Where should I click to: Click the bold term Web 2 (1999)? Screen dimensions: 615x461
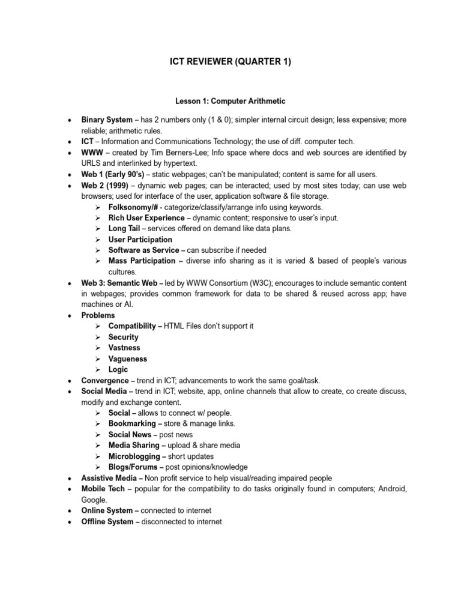(105, 185)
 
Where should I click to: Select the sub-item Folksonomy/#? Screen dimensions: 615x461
(133, 207)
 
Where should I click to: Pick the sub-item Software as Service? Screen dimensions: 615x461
(143, 250)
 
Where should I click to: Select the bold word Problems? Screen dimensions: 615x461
(98, 315)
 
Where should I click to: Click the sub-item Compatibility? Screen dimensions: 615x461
(135, 326)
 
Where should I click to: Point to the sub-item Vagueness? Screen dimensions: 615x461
(128, 359)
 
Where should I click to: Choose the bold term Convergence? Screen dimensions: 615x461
(104, 381)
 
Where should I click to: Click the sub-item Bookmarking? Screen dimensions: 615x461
(133, 424)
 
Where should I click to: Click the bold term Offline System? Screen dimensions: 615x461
(107, 522)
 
